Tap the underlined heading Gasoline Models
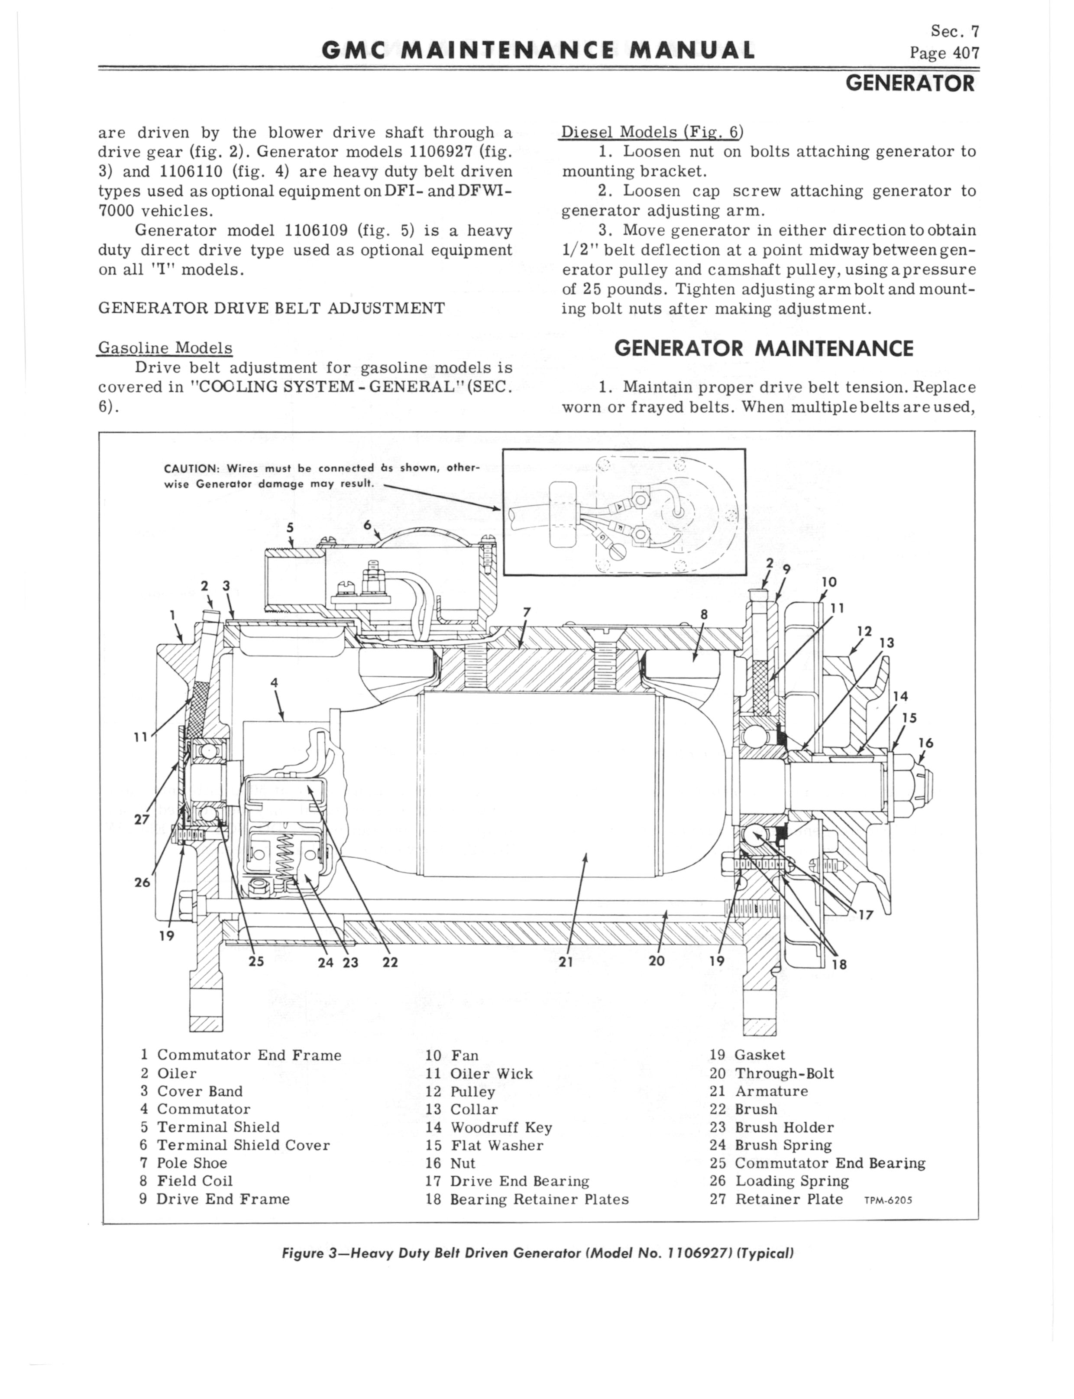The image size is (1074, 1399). tap(165, 348)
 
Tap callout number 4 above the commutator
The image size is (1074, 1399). tap(274, 682)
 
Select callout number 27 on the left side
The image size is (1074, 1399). tap(141, 819)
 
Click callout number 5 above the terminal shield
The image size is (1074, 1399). tap(290, 528)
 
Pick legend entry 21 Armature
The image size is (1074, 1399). tap(758, 1091)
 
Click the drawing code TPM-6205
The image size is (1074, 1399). tap(888, 1200)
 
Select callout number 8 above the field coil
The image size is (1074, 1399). tap(704, 614)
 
